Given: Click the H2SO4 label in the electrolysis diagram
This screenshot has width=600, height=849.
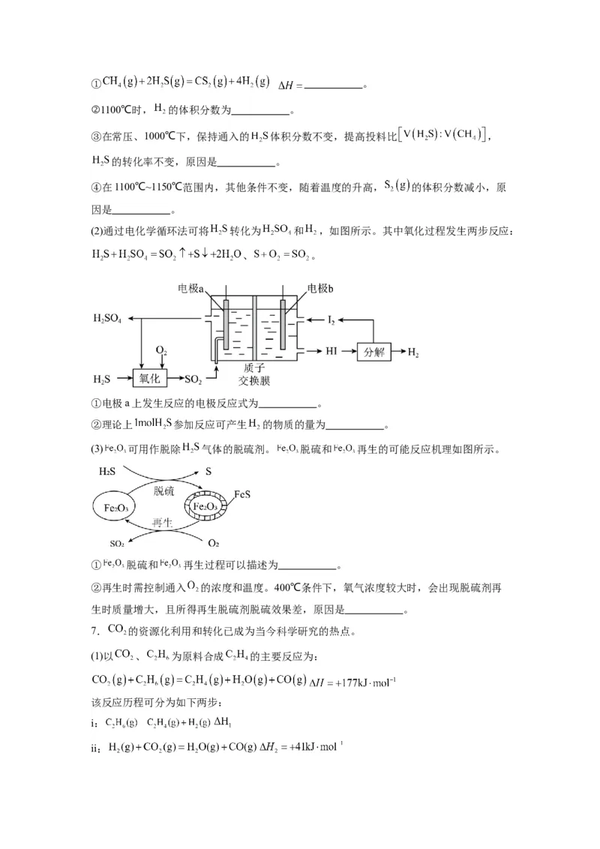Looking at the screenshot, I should click(108, 319).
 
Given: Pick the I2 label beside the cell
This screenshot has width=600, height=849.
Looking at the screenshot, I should click(331, 320).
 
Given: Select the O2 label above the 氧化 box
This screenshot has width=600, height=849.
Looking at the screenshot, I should click(160, 350).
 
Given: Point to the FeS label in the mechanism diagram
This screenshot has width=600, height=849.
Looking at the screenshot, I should click(241, 494).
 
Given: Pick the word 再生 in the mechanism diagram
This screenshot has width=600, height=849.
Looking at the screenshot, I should click(163, 523).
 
